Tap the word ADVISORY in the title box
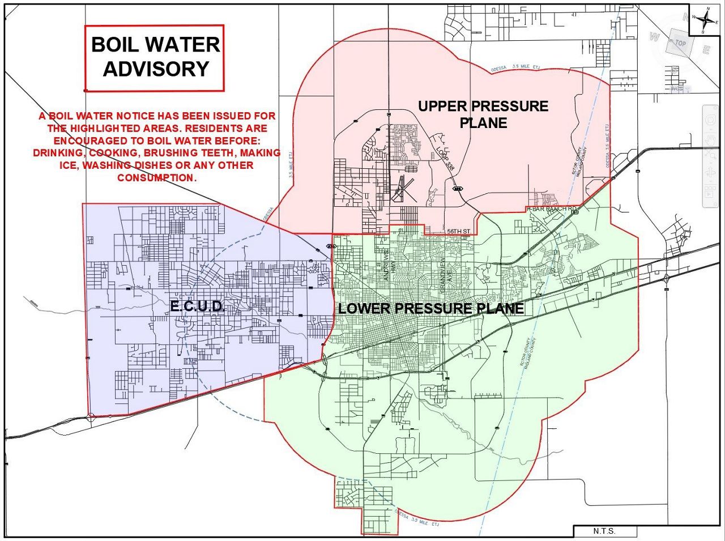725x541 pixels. coord(156,69)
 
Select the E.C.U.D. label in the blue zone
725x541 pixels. coord(198,306)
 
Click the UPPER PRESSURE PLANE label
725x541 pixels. coord(483,114)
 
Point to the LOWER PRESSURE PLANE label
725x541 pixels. coord(430,309)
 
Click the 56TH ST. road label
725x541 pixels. coord(459,232)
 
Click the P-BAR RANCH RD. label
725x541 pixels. coord(552,209)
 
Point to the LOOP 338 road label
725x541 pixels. coord(446,156)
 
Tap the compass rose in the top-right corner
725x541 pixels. coord(706,20)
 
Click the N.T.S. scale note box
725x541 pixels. coord(604,531)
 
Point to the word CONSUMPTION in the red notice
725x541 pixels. coord(157,178)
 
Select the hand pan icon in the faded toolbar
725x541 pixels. coord(710,139)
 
